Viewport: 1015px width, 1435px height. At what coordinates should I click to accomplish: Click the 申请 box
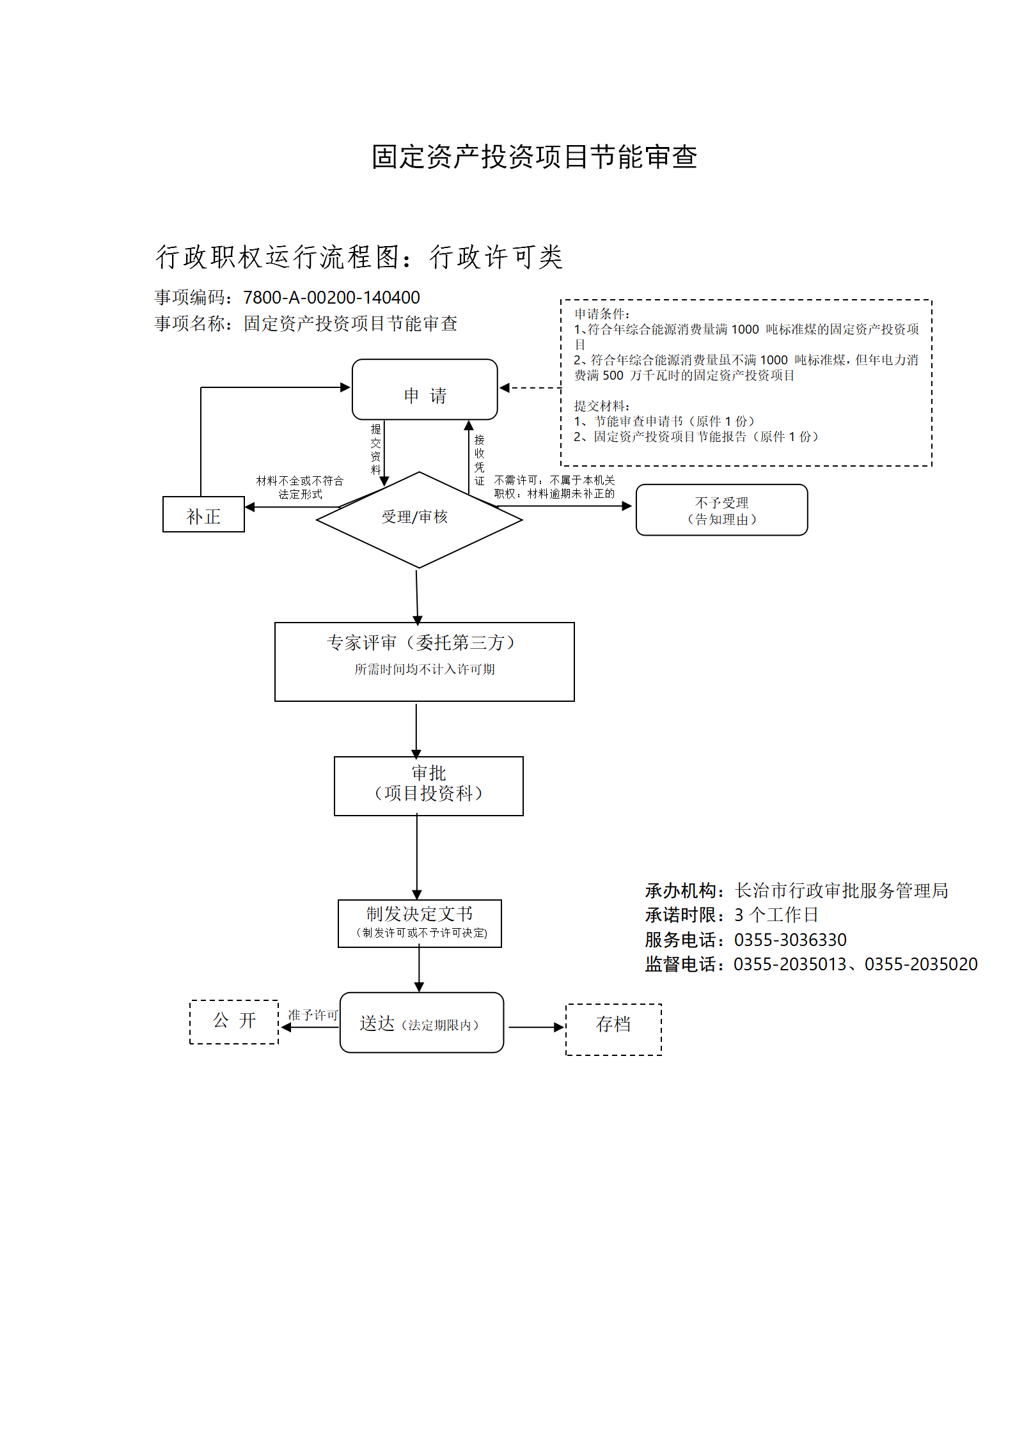point(425,389)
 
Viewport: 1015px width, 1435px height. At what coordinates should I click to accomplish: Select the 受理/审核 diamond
point(419,520)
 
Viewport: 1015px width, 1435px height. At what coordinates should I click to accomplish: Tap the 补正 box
point(203,514)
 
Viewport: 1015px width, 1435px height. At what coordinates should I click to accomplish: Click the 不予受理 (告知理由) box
point(721,509)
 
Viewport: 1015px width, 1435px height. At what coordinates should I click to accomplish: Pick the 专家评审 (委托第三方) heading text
point(422,642)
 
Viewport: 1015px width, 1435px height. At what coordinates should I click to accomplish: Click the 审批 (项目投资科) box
point(429,786)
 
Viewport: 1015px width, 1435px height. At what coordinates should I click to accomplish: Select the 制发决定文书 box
point(420,923)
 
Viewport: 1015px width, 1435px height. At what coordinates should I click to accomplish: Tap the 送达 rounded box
point(421,1022)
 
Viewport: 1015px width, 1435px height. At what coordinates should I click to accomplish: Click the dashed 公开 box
point(234,1021)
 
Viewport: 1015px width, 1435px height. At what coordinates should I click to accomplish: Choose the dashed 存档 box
point(613,1029)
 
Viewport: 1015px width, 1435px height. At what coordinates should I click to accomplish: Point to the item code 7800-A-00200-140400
point(331,297)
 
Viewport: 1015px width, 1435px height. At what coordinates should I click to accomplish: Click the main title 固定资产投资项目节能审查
point(535,157)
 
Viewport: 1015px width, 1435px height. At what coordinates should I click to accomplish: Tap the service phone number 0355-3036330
point(791,940)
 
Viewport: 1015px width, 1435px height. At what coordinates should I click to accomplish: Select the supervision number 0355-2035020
point(921,964)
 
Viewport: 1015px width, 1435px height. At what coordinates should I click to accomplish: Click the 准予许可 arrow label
point(313,1014)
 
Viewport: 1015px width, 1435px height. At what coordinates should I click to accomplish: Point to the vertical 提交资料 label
point(375,449)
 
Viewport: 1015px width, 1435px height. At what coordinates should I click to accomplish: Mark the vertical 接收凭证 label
point(479,460)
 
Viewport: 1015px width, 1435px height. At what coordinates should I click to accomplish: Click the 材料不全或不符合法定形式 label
point(300,487)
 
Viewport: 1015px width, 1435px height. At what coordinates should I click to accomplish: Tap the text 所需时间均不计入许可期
point(425,669)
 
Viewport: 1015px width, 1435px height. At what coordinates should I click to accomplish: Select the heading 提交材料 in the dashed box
point(602,406)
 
